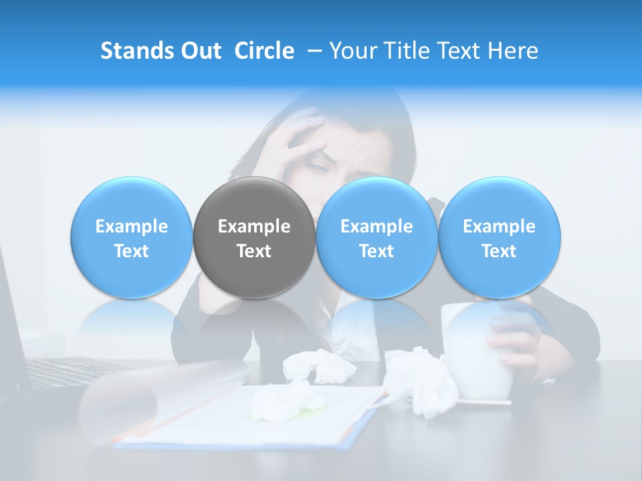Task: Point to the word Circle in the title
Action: (x=264, y=51)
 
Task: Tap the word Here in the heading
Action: (x=513, y=51)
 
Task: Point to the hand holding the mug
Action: (x=515, y=337)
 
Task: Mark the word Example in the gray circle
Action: (x=254, y=226)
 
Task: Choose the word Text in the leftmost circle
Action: (x=131, y=251)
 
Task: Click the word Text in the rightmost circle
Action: (x=500, y=251)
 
